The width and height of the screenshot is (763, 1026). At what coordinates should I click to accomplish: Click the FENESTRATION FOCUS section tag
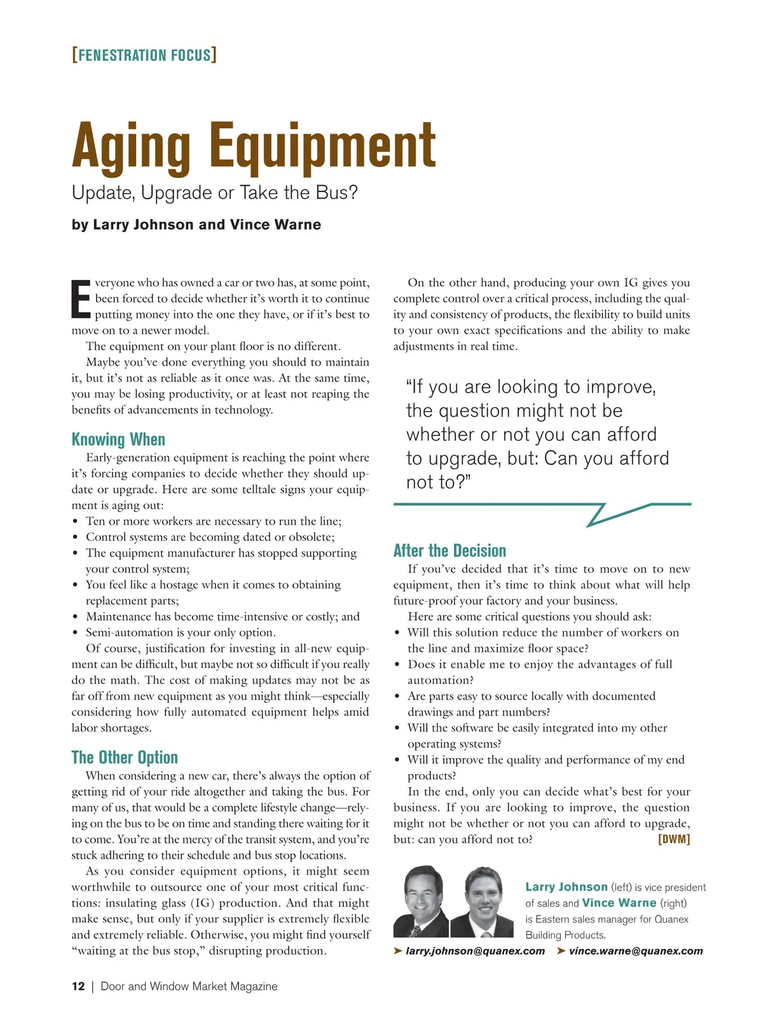[144, 55]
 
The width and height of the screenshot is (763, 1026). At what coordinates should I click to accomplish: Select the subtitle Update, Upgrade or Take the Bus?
[215, 192]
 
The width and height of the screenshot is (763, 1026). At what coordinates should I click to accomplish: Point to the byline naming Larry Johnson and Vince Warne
[196, 225]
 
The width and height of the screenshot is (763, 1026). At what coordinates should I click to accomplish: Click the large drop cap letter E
[81, 299]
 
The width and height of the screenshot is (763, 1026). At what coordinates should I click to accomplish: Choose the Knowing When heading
[118, 440]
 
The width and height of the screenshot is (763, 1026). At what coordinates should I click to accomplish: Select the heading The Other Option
[125, 758]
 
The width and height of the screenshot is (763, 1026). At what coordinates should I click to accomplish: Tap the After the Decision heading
[450, 551]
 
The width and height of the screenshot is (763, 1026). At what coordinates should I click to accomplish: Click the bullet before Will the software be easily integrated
[397, 729]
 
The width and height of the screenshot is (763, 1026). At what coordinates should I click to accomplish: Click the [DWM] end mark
[674, 840]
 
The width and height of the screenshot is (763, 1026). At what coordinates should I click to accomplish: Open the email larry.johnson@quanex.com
[475, 951]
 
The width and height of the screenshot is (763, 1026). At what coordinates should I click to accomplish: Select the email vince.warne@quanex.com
[636, 951]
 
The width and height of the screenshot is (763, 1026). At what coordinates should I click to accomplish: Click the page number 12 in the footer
[78, 987]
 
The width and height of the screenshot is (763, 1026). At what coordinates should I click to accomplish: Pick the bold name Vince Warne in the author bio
[619, 903]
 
